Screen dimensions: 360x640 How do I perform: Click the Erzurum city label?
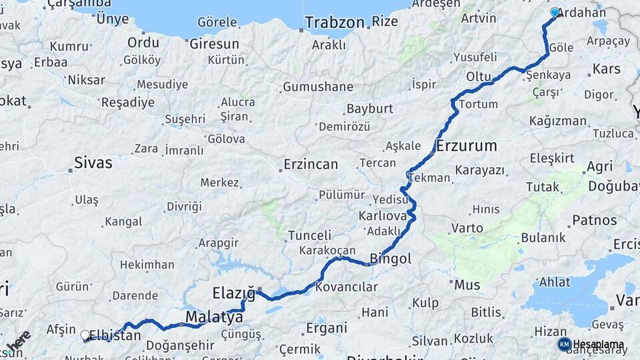coord(467,145)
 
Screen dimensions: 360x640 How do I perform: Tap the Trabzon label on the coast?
coord(335,22)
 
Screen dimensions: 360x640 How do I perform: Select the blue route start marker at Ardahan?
coord(555,12)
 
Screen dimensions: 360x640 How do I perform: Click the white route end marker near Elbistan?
coord(85,335)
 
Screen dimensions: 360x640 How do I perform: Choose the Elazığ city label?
coord(233,293)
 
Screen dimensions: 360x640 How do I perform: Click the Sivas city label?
coord(93,162)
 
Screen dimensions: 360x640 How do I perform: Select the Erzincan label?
coord(310,164)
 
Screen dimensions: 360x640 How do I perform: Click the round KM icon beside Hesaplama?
coord(564,344)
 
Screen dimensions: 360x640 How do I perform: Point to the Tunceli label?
coord(309,235)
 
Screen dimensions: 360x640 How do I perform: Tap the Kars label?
coord(606,69)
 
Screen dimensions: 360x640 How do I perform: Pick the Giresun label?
coord(214,44)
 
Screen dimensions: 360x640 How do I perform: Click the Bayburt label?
coord(369,109)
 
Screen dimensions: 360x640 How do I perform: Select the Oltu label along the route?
coord(478,77)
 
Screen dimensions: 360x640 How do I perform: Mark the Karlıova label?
coord(383,216)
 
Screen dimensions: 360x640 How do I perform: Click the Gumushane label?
coord(318,87)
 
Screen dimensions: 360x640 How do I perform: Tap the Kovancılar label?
coord(346,287)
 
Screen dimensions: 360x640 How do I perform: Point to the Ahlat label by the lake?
coord(554,282)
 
